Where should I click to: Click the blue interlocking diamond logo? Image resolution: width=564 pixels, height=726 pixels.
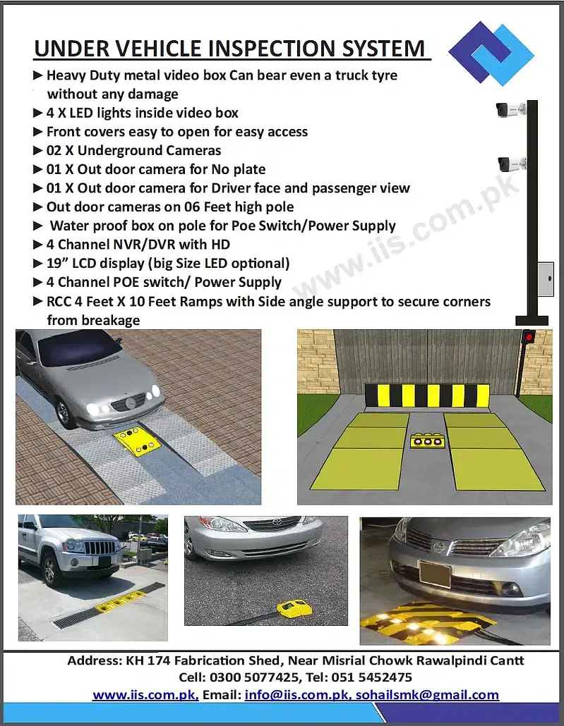[x=491, y=54]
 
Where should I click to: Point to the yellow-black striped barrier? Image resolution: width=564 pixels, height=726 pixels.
[x=427, y=395]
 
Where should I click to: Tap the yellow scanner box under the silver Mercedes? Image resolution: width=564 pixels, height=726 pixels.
[x=140, y=442]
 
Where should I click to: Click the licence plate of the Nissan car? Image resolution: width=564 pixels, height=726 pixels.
[x=434, y=574]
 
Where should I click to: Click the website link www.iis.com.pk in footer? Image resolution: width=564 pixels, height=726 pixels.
[x=145, y=694]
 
